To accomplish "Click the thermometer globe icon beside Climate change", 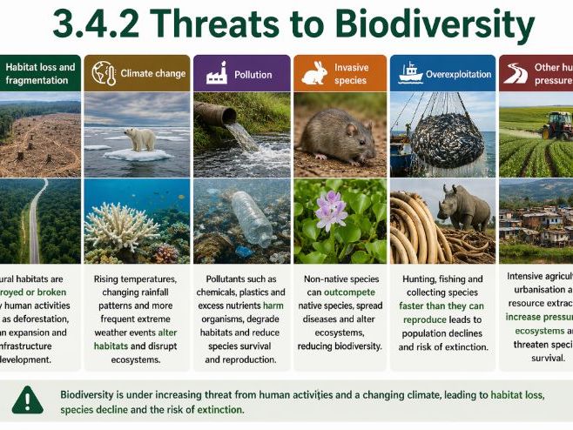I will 104,73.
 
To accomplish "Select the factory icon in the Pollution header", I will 216,75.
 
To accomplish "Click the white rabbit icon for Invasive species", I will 313,74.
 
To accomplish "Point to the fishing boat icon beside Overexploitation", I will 409,73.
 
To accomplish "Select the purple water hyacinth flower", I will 330,210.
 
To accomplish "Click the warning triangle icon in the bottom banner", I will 28,400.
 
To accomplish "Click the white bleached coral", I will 122,225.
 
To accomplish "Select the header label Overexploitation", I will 458,74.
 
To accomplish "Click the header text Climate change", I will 153,74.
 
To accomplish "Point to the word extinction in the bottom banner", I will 216,409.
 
